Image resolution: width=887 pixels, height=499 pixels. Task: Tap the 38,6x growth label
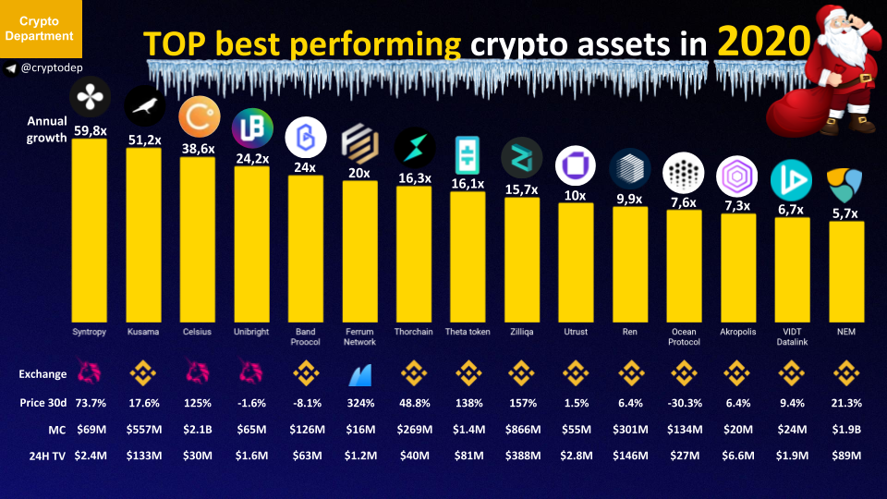pos(197,148)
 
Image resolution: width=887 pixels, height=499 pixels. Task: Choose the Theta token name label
pos(468,332)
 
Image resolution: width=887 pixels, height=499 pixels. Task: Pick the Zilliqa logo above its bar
pos(521,157)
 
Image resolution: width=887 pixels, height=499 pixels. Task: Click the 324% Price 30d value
pos(359,403)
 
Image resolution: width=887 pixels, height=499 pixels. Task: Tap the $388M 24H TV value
pos(521,455)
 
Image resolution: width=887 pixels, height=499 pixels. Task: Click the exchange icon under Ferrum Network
pos(359,374)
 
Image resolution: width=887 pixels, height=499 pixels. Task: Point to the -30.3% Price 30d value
pos(683,403)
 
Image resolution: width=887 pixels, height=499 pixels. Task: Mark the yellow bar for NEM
pos(846,272)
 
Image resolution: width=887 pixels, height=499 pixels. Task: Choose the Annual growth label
pos(46,129)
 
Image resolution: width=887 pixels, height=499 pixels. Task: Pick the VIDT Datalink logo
pos(791,179)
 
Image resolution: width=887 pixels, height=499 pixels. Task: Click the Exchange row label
pos(43,374)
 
